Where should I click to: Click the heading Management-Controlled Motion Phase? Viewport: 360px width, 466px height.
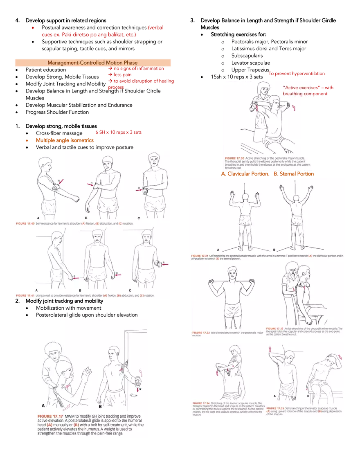tap(92, 63)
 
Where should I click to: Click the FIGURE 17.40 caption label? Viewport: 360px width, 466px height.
tap(26, 224)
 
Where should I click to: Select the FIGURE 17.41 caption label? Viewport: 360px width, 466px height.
tap(26, 295)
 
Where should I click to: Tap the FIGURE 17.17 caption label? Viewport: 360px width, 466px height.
tap(49, 416)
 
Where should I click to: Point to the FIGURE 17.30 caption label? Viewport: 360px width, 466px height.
tap(234, 158)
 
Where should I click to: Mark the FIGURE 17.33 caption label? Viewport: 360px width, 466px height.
tap(274, 328)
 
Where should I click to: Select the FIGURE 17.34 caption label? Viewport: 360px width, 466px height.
tap(202, 403)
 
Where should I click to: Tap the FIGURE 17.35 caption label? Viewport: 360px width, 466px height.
tap(275, 408)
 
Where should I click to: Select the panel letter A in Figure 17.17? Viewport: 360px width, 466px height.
tap(43, 405)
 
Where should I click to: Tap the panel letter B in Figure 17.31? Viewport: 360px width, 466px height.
tap(274, 250)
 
